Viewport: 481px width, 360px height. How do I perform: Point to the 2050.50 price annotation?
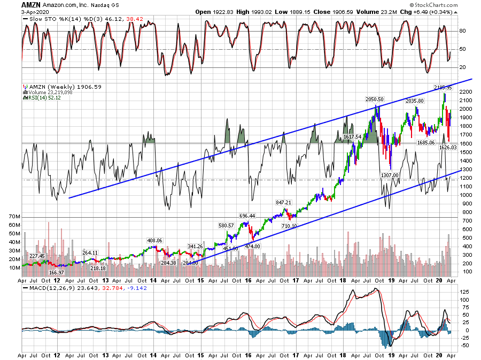374,99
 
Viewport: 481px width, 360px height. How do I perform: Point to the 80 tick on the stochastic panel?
463,31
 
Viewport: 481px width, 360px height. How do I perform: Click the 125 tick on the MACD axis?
464,292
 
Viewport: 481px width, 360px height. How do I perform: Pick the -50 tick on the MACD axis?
464,345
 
